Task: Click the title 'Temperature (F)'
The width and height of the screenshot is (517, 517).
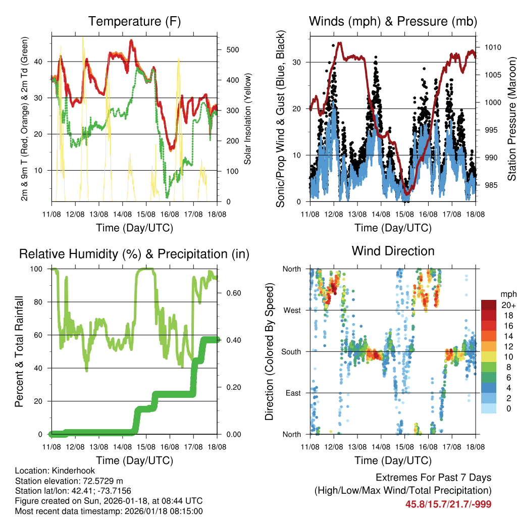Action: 134,22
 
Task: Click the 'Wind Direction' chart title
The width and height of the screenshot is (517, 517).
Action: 393,251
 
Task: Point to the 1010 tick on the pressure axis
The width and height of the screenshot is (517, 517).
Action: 493,47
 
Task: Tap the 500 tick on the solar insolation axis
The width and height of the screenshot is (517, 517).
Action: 232,50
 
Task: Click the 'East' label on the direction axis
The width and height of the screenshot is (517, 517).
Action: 292,393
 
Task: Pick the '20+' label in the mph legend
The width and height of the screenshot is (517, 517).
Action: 509,305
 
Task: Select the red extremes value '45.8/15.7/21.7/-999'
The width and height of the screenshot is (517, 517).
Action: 448,504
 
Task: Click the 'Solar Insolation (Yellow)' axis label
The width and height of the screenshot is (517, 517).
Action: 248,119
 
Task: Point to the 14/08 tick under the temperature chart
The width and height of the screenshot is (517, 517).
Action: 122,214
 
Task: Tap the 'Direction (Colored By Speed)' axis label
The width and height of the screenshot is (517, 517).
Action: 269,352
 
